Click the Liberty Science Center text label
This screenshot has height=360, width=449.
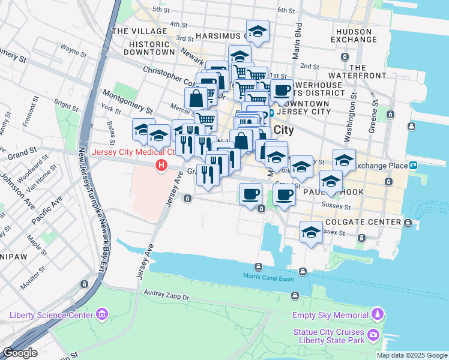(x=51, y=315)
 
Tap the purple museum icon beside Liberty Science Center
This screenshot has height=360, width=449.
(x=101, y=314)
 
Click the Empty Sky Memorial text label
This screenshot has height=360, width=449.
(x=330, y=315)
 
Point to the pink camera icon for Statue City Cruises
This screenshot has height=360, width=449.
(x=373, y=334)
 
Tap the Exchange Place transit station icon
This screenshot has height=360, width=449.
(x=414, y=166)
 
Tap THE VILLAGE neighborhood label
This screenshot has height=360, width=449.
(x=133, y=31)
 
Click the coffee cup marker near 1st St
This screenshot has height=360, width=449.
(x=281, y=91)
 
